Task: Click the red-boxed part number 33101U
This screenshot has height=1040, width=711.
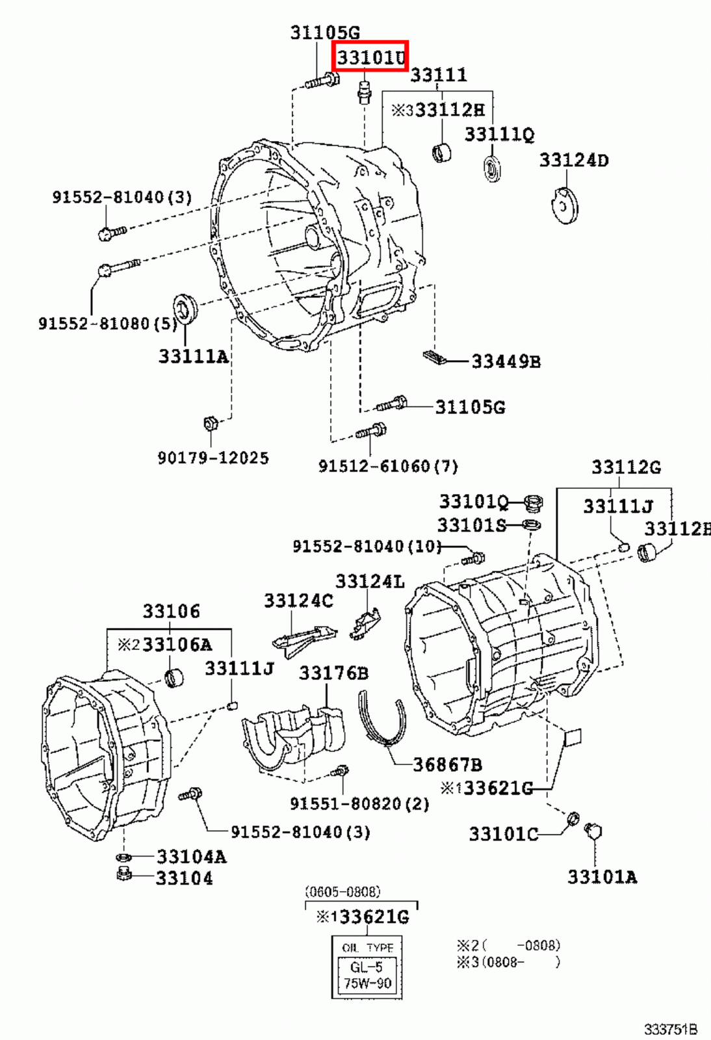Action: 370,57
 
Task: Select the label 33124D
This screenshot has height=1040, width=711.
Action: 574,160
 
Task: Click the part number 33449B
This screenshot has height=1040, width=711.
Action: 506,361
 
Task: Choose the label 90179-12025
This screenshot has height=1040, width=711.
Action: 213,458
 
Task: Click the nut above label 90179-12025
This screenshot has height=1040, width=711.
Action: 211,424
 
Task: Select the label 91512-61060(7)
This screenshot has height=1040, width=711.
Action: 388,466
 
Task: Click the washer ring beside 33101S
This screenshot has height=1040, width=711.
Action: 531,525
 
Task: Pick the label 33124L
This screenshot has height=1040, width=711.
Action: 370,581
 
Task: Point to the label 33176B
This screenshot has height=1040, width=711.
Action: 333,673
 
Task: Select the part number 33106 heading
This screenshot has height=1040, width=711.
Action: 172,612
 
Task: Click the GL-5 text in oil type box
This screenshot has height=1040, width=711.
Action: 366,967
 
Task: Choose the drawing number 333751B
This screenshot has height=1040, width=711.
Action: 670,1030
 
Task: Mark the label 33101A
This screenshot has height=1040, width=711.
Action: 602,877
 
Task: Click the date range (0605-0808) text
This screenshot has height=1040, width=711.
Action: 343,892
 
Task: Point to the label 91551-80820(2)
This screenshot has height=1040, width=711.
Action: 359,804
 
